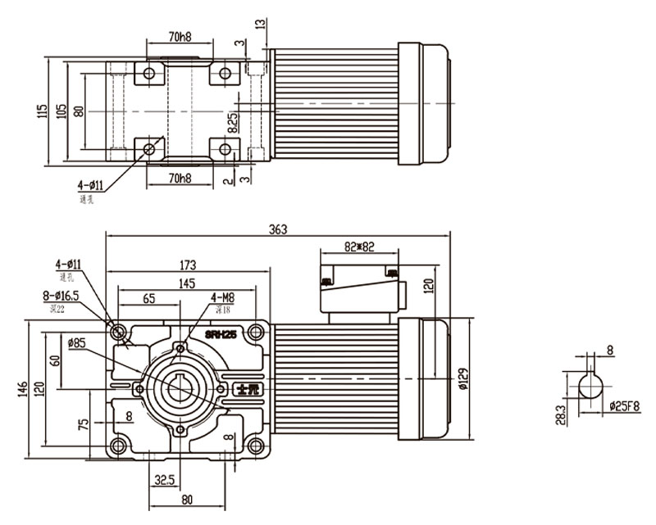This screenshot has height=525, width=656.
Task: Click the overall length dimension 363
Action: click(x=278, y=230)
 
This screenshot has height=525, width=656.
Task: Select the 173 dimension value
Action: click(x=188, y=265)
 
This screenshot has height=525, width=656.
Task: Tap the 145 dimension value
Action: click(x=185, y=283)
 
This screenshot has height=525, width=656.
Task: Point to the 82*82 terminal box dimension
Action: click(x=358, y=246)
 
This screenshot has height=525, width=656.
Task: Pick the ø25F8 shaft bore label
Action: click(x=625, y=405)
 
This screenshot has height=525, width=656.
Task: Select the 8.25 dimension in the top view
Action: click(x=233, y=123)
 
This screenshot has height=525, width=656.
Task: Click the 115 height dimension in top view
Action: click(x=42, y=111)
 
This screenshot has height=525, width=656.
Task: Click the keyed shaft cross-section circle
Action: click(x=590, y=386)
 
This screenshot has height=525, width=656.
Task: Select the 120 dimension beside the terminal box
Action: click(x=427, y=286)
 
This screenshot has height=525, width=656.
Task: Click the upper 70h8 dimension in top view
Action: click(x=180, y=37)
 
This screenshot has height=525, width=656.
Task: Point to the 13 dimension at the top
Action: click(x=261, y=25)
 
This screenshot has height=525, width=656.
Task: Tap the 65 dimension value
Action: click(x=150, y=300)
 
